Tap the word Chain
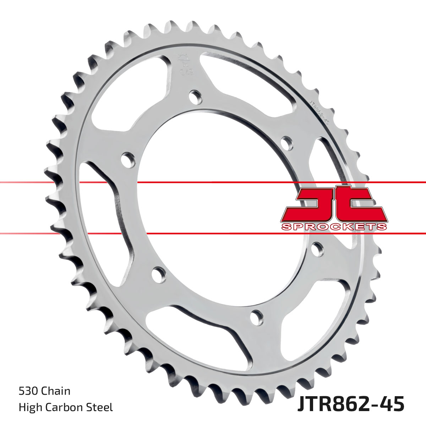(x=56, y=391)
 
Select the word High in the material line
(x=29, y=407)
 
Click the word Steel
(x=100, y=407)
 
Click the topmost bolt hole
(x=195, y=96)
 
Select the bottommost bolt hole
(x=256, y=316)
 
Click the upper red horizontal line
(x=213, y=182)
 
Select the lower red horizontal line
(x=213, y=233)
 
